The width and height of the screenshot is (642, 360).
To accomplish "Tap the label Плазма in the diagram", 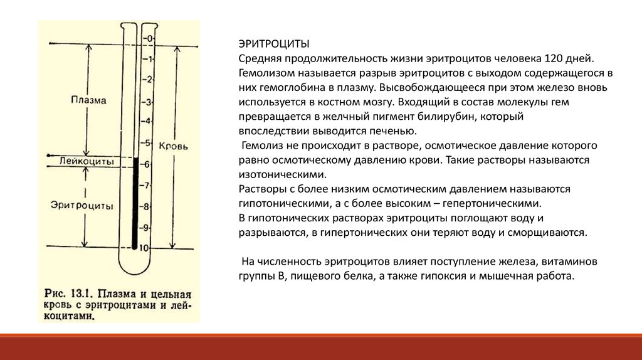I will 88,100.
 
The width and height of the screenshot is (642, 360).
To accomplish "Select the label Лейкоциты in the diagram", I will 87,161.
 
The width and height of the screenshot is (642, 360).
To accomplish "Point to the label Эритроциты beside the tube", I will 82,205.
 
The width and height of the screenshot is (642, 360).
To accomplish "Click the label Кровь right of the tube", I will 172,144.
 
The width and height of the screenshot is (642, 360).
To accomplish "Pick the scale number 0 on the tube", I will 149,39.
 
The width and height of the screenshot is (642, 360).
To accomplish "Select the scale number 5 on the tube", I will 148,142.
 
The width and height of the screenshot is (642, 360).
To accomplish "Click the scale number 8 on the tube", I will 147,206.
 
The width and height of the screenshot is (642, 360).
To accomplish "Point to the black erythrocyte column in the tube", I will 134,201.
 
